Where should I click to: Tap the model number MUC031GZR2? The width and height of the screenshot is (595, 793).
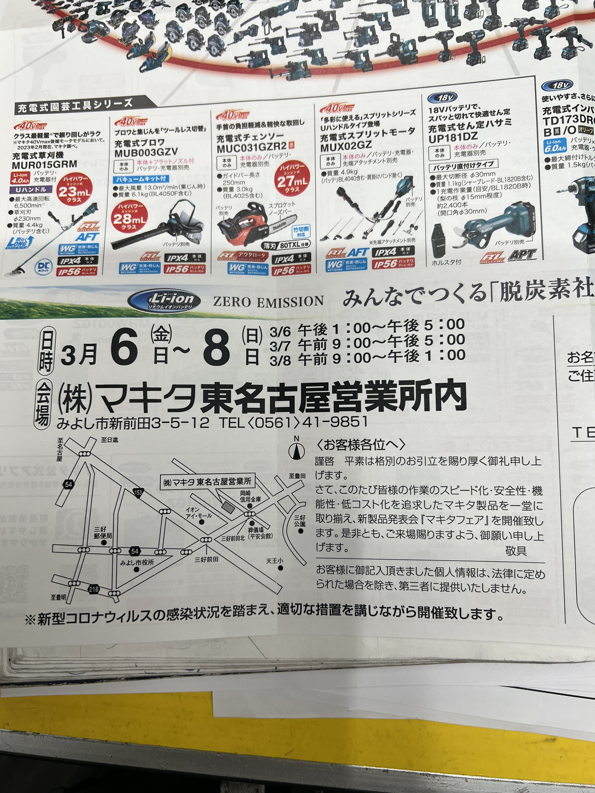[x=251, y=148]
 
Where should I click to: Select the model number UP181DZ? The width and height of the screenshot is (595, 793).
[x=453, y=137]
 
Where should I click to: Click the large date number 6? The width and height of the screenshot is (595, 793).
[x=124, y=348]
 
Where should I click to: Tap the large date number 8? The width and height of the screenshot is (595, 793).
[x=216, y=348]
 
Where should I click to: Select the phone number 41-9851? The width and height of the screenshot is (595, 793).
[x=335, y=422]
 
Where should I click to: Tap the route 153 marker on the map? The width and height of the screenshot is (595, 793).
[x=138, y=492]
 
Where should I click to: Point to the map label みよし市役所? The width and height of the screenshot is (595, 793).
[x=137, y=563]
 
